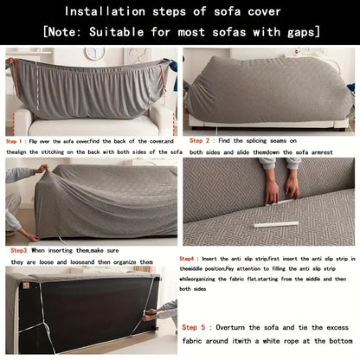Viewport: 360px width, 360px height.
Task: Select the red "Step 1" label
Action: click(x=15, y=141)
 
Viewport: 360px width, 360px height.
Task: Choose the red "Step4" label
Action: click(x=188, y=259)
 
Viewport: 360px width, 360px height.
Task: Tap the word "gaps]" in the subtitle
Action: click(x=299, y=33)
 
